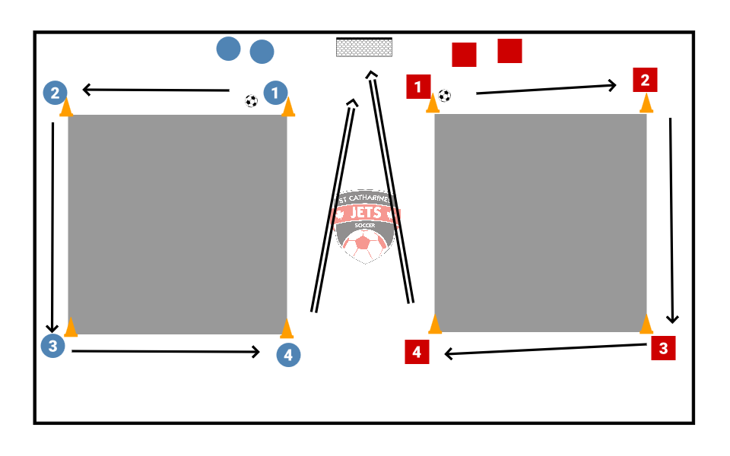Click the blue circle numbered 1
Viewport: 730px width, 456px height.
[275, 93]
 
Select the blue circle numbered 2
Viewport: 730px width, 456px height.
[55, 93]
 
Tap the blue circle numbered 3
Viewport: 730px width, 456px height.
[52, 346]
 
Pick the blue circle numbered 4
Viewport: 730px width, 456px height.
[288, 354]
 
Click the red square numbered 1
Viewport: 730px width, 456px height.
[418, 87]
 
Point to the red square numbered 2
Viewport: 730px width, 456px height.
[645, 80]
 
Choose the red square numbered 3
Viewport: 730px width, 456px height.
[663, 348]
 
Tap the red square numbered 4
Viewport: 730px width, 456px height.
[417, 352]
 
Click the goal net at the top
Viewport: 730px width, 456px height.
[365, 47]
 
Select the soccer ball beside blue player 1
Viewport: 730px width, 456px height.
[252, 101]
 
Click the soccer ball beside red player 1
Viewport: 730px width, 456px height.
[445, 96]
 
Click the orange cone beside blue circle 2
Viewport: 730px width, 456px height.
[66, 107]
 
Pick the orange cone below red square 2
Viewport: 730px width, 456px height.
[646, 103]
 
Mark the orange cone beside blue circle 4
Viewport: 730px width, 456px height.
[287, 328]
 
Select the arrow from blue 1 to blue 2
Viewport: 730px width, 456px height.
[156, 90]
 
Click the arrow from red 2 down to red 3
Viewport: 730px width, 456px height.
[671, 220]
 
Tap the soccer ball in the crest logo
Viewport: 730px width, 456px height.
[364, 245]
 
